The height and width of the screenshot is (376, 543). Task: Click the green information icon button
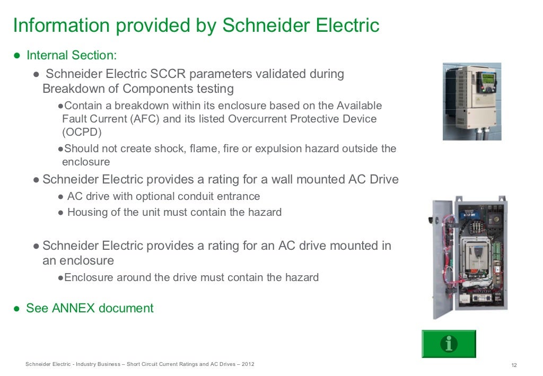(449, 344)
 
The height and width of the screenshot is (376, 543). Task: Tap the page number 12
(514, 365)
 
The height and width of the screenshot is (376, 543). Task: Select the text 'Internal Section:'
(72, 55)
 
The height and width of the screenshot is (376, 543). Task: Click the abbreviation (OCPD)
(82, 132)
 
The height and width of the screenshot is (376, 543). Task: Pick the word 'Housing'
(87, 213)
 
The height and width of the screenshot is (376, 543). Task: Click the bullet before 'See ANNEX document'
(17, 308)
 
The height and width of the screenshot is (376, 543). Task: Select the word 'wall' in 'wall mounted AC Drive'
(283, 179)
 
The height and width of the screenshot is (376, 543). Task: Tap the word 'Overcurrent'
(257, 119)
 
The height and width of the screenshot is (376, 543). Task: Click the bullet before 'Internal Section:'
(17, 55)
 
